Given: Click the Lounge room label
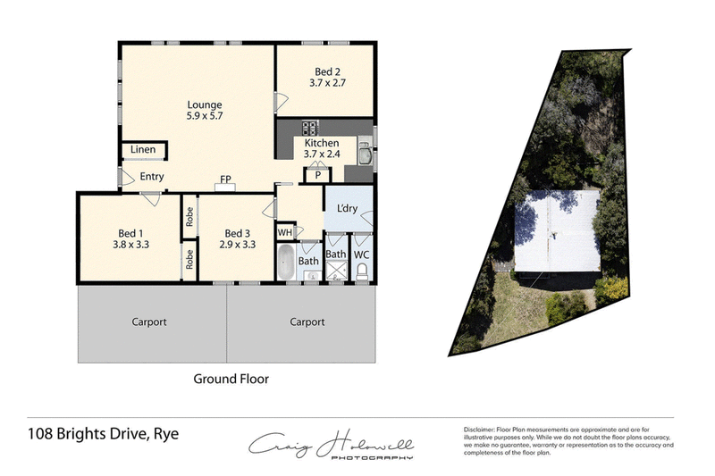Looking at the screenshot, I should point(204,105).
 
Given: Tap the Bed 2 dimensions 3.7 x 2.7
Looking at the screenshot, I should point(328,83).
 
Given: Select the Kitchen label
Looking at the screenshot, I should point(322,143).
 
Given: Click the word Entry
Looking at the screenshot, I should point(152,177).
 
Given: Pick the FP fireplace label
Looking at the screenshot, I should point(227,180).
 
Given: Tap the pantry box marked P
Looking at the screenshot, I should point(315,176).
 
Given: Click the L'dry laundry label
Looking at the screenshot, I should point(347,209).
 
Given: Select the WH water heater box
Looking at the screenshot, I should point(286,233).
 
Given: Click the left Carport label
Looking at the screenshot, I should point(149,322).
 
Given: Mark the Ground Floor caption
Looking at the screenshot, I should point(231,378).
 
